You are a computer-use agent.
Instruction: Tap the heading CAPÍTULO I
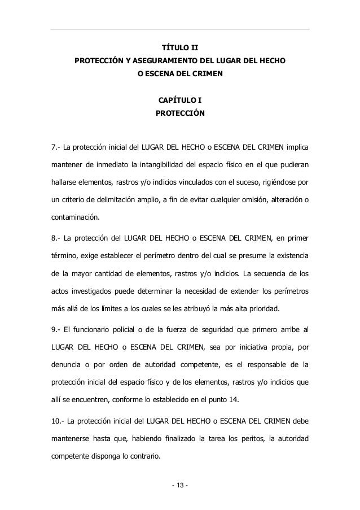pos(180,101)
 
